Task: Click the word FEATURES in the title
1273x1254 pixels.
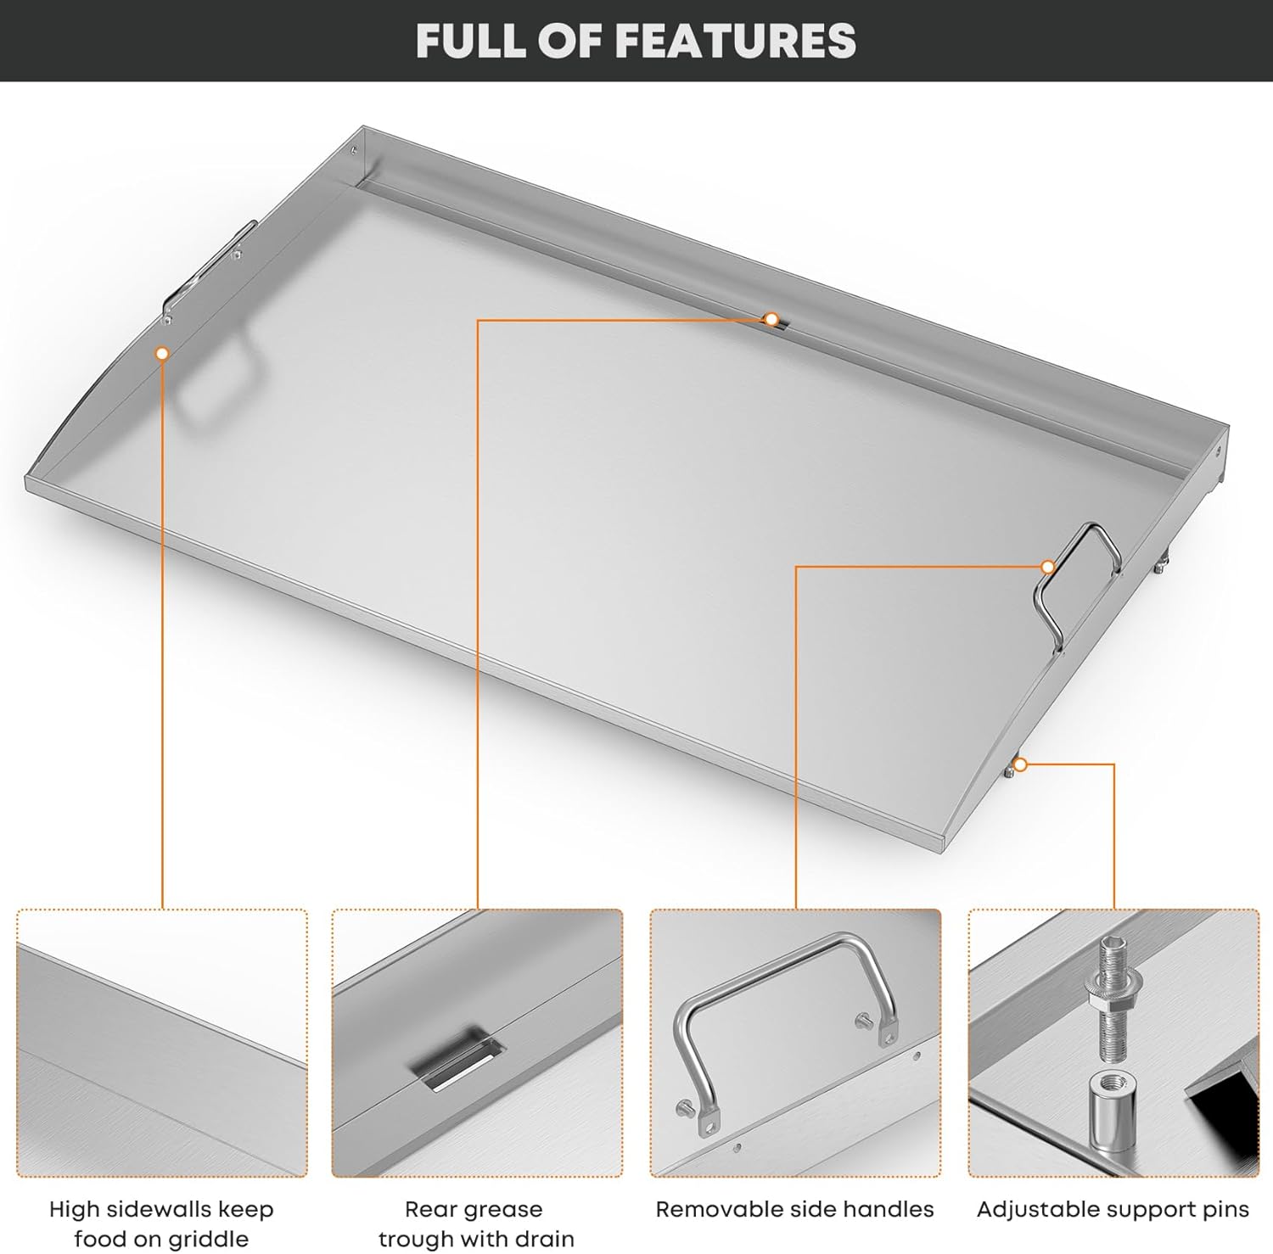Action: [x=735, y=41]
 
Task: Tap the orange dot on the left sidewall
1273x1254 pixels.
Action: [x=162, y=353]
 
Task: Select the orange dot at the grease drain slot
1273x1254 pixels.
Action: [x=771, y=319]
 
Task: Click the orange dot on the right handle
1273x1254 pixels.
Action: [x=1048, y=567]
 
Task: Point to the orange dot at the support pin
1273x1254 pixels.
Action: [x=1021, y=765]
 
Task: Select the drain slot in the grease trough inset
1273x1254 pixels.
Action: [x=457, y=1061]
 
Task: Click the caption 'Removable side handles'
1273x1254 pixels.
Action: [x=794, y=1209]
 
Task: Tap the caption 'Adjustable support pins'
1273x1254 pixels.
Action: [x=1113, y=1209]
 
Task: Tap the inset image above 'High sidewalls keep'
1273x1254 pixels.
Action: [x=161, y=1043]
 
